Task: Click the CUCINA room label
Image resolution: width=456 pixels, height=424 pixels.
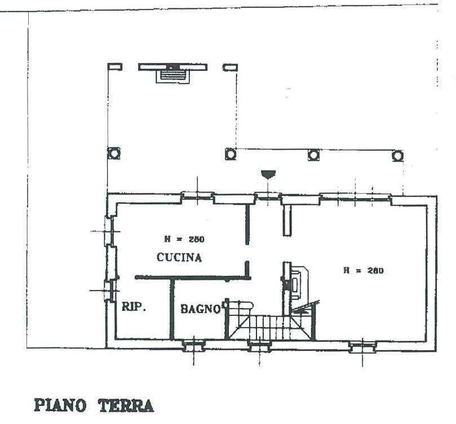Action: tap(179, 257)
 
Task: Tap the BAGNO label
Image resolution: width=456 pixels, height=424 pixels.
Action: tap(201, 309)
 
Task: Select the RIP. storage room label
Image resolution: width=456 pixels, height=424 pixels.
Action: tap(134, 307)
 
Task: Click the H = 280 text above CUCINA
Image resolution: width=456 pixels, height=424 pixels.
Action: tap(184, 239)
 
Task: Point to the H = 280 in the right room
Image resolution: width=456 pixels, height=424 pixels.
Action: tap(364, 270)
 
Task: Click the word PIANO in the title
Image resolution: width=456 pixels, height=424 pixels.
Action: tap(60, 405)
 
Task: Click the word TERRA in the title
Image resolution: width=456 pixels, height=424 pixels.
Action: tap(126, 405)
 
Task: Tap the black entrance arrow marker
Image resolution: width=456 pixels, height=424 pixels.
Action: tap(268, 174)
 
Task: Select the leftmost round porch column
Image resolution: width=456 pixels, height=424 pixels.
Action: tap(114, 153)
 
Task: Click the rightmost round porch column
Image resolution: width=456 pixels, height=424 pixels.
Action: tap(397, 156)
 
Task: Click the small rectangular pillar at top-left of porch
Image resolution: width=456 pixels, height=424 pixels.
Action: tap(115, 67)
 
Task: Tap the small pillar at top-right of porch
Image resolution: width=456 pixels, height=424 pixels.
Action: tap(231, 68)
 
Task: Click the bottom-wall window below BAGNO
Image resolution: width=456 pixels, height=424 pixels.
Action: tap(194, 346)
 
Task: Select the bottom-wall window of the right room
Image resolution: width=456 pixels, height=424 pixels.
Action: tap(362, 347)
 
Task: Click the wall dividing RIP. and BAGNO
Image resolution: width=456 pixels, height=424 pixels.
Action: tap(172, 309)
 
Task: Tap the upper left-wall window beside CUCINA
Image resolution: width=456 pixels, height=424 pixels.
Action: tap(108, 231)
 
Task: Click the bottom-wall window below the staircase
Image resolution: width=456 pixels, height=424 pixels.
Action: tap(259, 346)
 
